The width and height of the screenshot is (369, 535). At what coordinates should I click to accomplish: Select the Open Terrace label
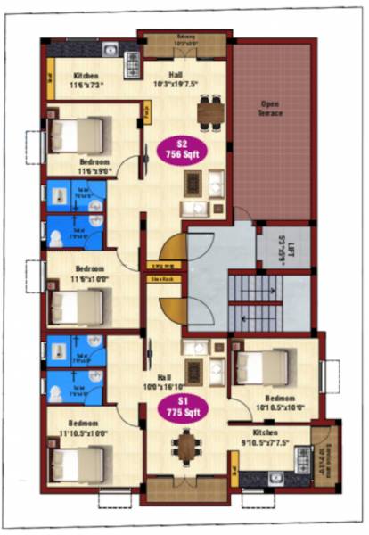(x=271, y=110)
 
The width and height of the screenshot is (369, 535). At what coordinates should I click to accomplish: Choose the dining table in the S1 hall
(x=185, y=445)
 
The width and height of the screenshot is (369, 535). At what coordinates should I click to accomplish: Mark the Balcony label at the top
(x=185, y=40)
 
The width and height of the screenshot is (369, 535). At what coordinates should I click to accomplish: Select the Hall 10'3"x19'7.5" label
(x=187, y=81)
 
